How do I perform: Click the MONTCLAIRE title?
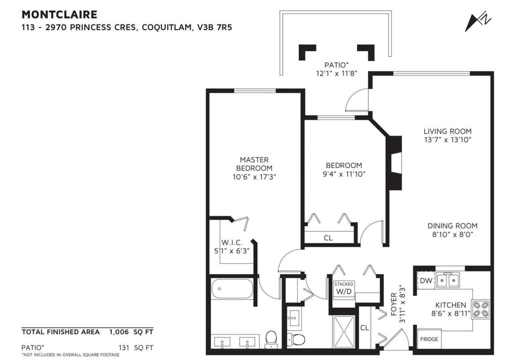[x=59, y=15]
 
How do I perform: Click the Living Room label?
[x=447, y=131]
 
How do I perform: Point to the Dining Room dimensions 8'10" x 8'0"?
[x=452, y=234]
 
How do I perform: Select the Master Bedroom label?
[x=254, y=164]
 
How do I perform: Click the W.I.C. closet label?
[x=232, y=242]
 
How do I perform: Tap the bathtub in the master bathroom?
[x=232, y=289]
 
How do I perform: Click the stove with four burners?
[x=481, y=310]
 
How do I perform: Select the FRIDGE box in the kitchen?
[x=429, y=339]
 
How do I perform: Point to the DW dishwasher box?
[x=426, y=281]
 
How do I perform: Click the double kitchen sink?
[x=447, y=280]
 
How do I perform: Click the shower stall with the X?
[x=344, y=332]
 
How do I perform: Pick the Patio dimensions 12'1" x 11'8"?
[x=336, y=73]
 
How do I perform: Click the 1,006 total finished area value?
[x=119, y=332]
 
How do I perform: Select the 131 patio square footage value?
[x=124, y=348]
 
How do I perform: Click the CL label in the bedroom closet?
[x=328, y=238]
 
